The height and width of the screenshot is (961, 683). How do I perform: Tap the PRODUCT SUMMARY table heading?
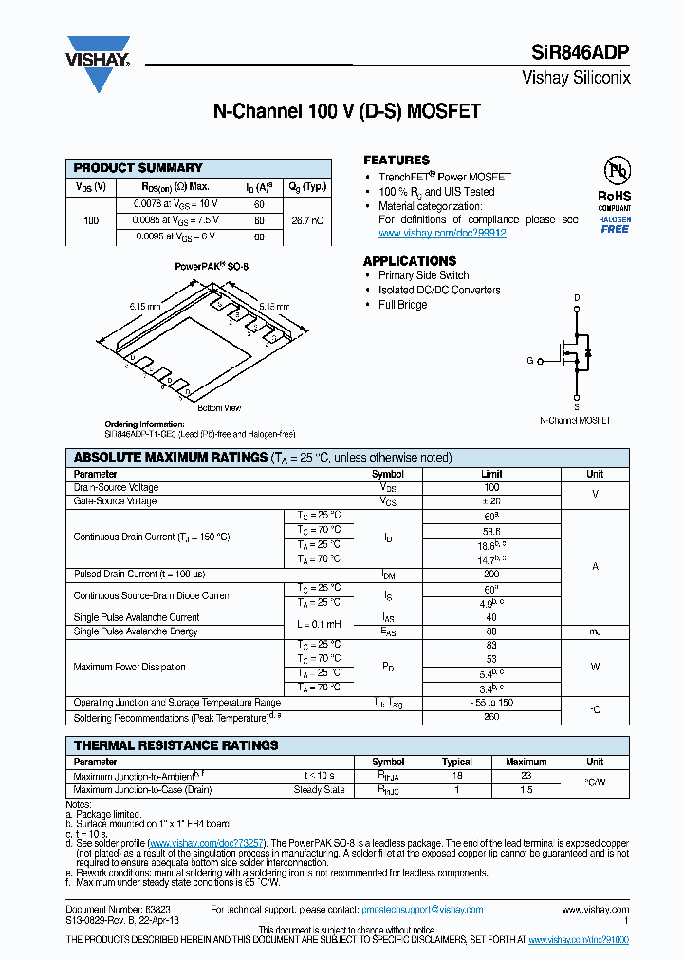[x=138, y=168]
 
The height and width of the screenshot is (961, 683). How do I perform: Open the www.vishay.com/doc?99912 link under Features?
[x=442, y=234]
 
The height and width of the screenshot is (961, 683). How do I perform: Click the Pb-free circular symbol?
[x=616, y=171]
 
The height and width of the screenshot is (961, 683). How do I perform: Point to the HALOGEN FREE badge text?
[x=614, y=224]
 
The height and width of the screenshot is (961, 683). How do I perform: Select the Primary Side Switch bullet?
[x=423, y=275]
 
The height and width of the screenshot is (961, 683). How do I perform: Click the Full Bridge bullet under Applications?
[x=403, y=305]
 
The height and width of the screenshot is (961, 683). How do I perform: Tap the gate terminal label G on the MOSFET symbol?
[x=530, y=361]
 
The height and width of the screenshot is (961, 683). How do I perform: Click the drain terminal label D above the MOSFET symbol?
[x=576, y=298]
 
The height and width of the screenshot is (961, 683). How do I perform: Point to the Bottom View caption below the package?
[x=218, y=408]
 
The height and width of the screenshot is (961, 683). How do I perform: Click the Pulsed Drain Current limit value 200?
[x=490, y=575]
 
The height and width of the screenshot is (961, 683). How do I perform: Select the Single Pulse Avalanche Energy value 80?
[x=490, y=631]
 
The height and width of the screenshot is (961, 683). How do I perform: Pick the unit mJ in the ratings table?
[x=595, y=631]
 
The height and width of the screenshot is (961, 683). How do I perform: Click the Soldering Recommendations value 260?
[x=490, y=717]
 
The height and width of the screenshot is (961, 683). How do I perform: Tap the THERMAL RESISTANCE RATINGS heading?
[x=175, y=745]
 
